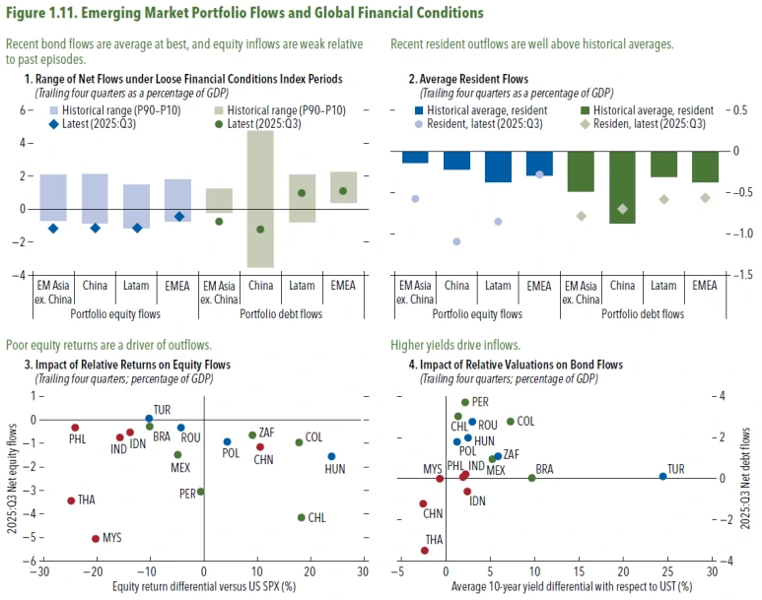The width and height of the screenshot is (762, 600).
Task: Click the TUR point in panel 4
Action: click(662, 476)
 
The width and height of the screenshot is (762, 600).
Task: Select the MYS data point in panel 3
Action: click(96, 539)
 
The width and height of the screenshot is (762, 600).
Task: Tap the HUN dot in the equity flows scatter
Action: click(331, 456)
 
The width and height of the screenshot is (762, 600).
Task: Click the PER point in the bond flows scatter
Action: click(464, 402)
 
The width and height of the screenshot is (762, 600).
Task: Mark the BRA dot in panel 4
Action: click(532, 478)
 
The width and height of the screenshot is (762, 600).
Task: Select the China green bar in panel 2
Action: click(622, 187)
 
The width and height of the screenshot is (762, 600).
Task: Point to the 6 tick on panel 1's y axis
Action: click(22, 110)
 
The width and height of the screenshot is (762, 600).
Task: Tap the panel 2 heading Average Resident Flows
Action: click(474, 78)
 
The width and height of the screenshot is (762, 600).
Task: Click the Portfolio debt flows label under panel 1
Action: click(281, 315)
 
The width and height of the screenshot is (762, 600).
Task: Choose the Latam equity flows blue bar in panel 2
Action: click(498, 167)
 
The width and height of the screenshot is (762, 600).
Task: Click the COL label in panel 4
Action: click(526, 421)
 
